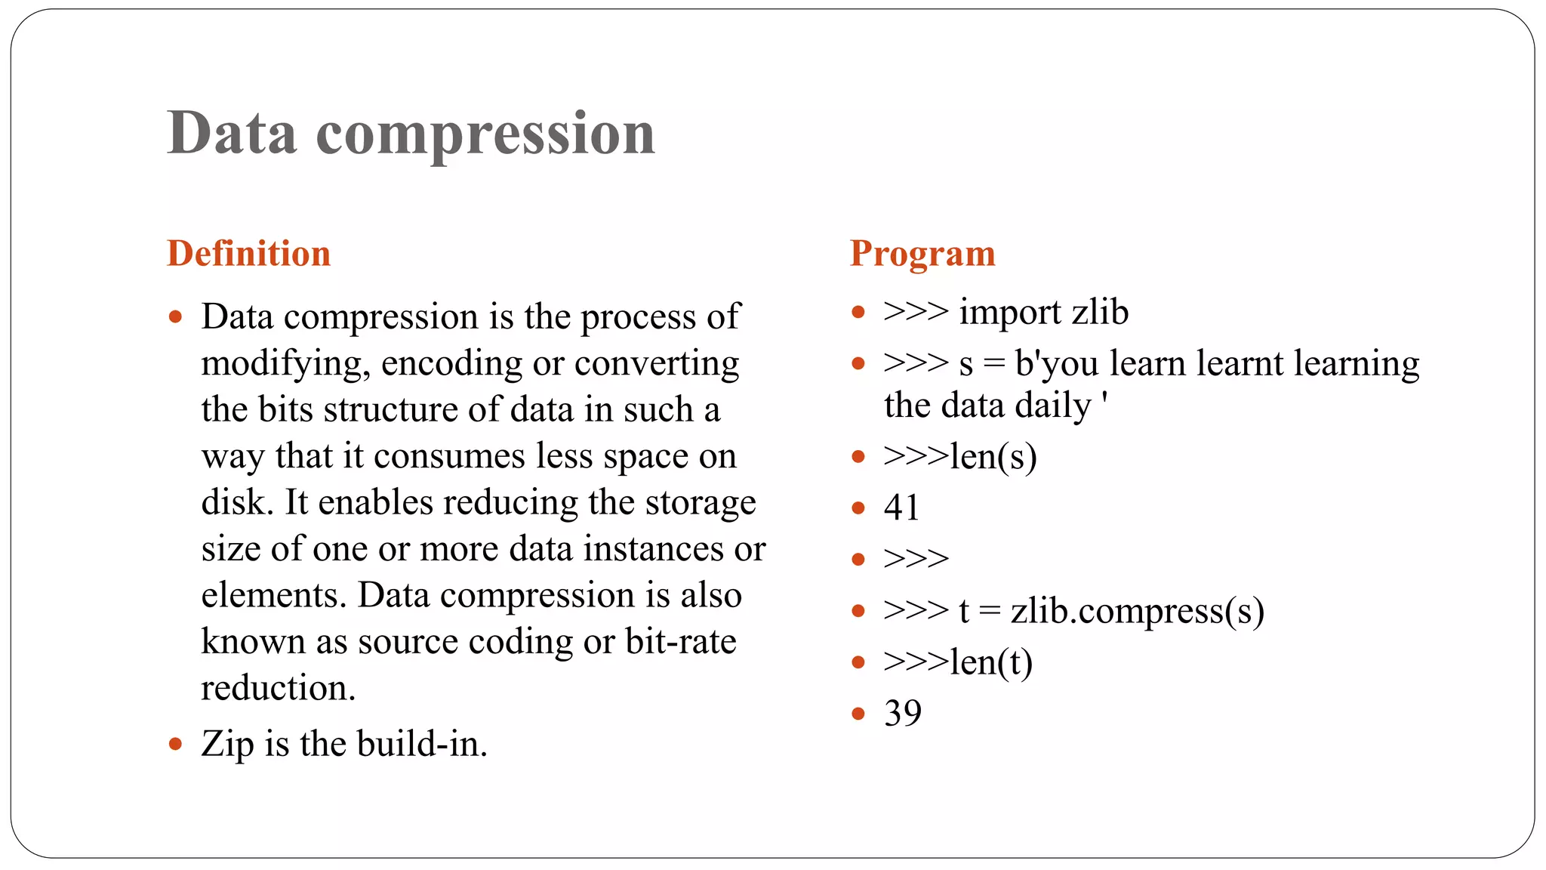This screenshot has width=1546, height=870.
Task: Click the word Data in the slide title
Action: coord(232,133)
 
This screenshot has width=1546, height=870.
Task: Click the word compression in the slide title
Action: coord(485,134)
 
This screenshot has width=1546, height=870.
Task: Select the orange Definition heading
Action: coord(248,253)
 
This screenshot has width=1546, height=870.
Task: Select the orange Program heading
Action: coord(922,253)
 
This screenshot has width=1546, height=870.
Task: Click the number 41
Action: coord(901,507)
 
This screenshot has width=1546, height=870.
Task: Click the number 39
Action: coord(902,713)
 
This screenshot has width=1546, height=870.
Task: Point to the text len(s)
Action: coord(993,456)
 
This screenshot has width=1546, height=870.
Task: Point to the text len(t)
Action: coord(990,662)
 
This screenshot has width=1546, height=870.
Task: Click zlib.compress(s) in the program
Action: coord(1137,611)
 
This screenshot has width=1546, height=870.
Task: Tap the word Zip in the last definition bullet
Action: coord(227,745)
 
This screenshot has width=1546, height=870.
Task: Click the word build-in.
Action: coord(422,744)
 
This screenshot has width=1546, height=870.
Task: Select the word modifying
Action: coord(285,364)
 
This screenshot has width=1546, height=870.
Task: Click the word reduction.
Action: coord(278,688)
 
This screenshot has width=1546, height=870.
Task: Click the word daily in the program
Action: coord(1053,406)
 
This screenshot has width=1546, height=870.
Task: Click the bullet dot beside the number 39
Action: coord(858,713)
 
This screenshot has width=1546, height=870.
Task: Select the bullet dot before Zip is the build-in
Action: coord(175,745)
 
